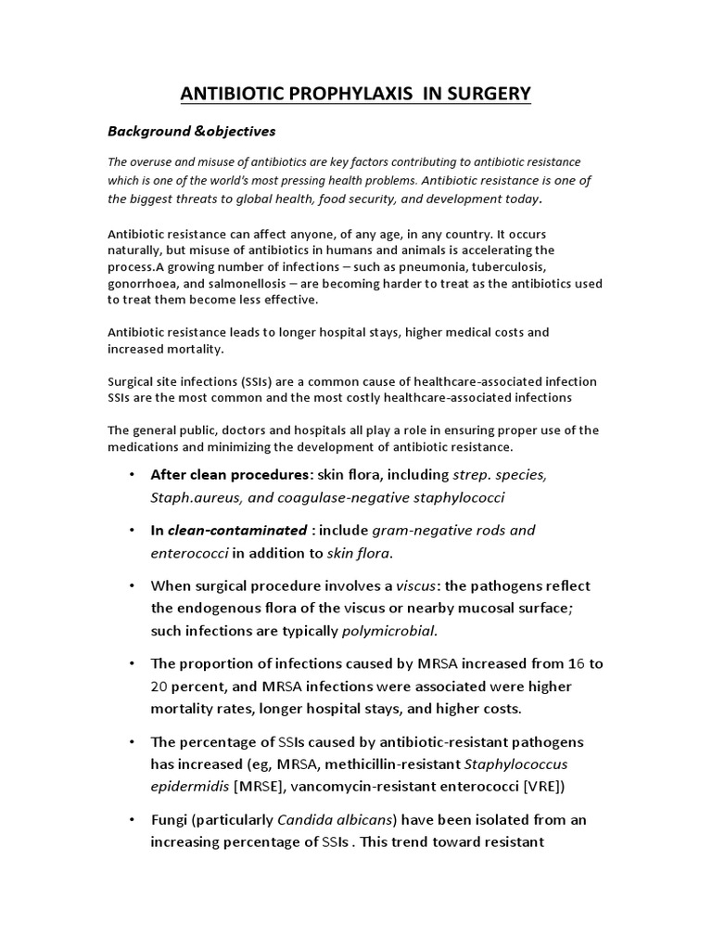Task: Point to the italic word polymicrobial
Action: (388, 631)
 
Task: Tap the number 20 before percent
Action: (161, 687)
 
